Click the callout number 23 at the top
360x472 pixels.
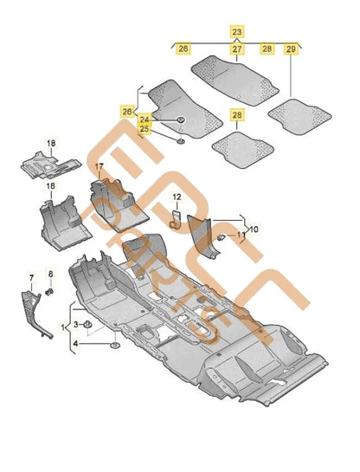[x=236, y=30]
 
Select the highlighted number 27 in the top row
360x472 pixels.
[x=236, y=49]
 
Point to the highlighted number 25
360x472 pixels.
[x=145, y=129]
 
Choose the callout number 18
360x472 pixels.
[x=50, y=142]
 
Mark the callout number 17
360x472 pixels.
[x=99, y=166]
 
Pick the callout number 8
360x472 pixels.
[x=50, y=276]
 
